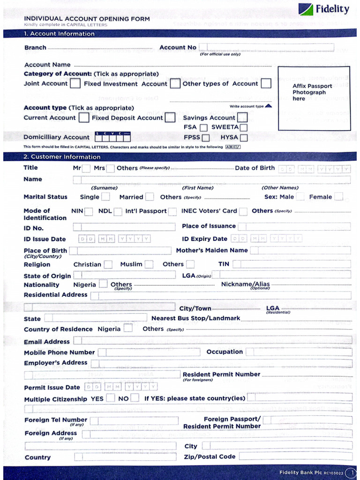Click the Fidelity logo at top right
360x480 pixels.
[323, 9]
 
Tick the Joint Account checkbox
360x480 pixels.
[75, 84]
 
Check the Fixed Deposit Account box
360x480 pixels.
[170, 118]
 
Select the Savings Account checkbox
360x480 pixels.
[242, 118]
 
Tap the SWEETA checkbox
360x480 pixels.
[243, 127]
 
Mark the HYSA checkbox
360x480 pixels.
[243, 138]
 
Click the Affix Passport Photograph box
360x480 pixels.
[314, 98]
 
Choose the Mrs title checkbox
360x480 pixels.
[111, 168]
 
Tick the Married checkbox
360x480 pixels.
[150, 197]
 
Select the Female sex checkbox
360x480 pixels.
[338, 197]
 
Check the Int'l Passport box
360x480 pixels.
[173, 211]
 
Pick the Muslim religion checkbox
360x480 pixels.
[149, 264]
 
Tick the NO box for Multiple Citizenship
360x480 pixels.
[135, 398]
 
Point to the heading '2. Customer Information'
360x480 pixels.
[56, 157]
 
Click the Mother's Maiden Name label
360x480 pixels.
[212, 251]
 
